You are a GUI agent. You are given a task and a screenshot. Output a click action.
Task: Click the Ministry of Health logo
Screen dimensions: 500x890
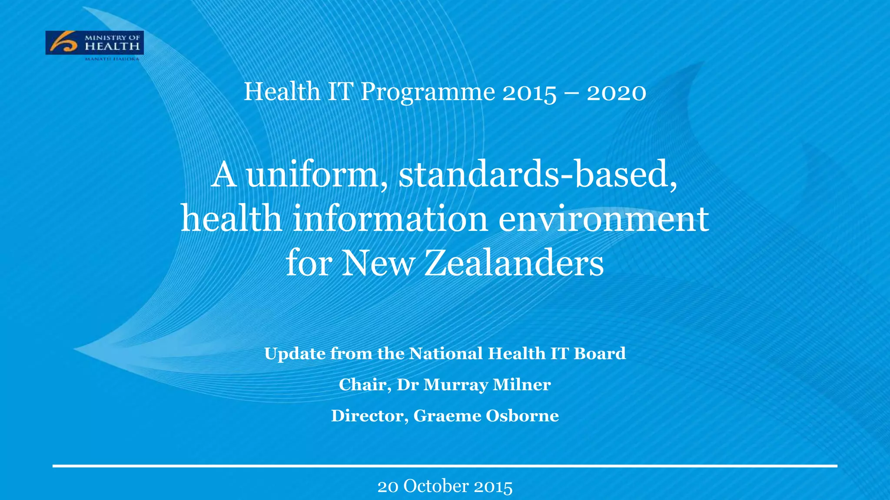[94, 43]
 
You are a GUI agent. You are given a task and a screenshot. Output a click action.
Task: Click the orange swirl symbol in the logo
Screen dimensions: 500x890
[63, 43]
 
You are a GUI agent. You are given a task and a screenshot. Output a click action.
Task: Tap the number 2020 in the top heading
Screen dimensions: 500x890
[616, 92]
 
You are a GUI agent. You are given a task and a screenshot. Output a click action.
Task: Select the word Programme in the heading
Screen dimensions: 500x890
[428, 92]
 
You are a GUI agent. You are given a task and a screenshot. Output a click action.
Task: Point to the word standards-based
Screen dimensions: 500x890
[538, 174]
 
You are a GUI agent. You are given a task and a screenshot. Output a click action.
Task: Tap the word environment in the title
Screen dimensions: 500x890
[604, 219]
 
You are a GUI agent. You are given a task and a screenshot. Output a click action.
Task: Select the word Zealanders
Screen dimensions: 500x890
[514, 263]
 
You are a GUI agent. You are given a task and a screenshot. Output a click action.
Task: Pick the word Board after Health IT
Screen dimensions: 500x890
[600, 354]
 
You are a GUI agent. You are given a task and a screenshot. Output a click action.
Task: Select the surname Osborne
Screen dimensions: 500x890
[522, 416]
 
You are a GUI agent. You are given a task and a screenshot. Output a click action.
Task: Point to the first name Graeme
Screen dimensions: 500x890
[447, 416]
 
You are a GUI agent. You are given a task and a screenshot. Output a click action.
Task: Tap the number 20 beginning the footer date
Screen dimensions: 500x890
[388, 487]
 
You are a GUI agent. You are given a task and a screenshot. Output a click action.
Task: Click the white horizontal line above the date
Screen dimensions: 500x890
[445, 466]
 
